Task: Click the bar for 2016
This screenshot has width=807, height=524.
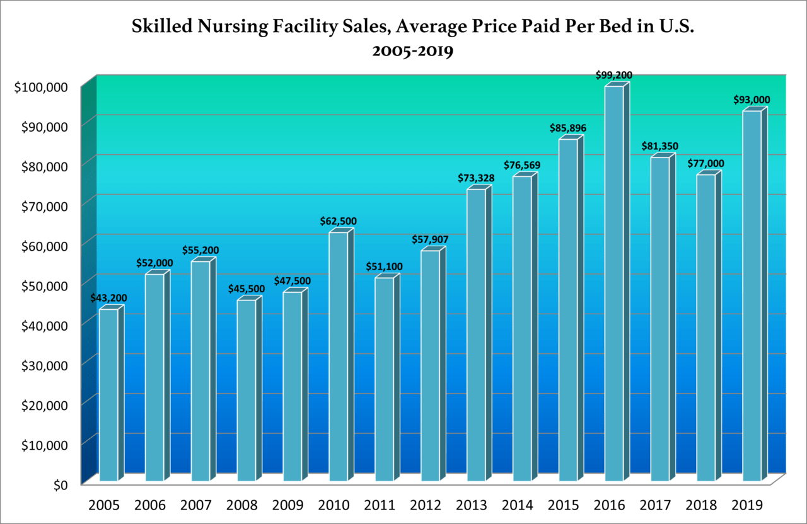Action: pos(614,283)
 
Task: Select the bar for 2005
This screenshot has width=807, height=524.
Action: pos(108,395)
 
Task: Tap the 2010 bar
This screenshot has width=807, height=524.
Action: pos(338,356)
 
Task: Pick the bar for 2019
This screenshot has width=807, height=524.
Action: pos(752,296)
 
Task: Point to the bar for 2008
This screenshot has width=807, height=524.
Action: pos(247,390)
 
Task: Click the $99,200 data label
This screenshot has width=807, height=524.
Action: pos(613,76)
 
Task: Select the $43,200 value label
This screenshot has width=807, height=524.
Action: pos(108,298)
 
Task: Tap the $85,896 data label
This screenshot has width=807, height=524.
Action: pos(567,128)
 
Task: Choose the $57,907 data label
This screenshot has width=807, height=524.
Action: pos(430,240)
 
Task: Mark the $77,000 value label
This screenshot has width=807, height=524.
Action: pos(705,164)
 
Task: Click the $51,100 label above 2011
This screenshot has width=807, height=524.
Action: pos(384,267)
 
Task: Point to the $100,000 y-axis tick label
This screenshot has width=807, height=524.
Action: pos(40,87)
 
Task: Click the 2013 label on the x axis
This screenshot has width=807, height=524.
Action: pos(475,505)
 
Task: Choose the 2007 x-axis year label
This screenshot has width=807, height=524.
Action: pos(199,505)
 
